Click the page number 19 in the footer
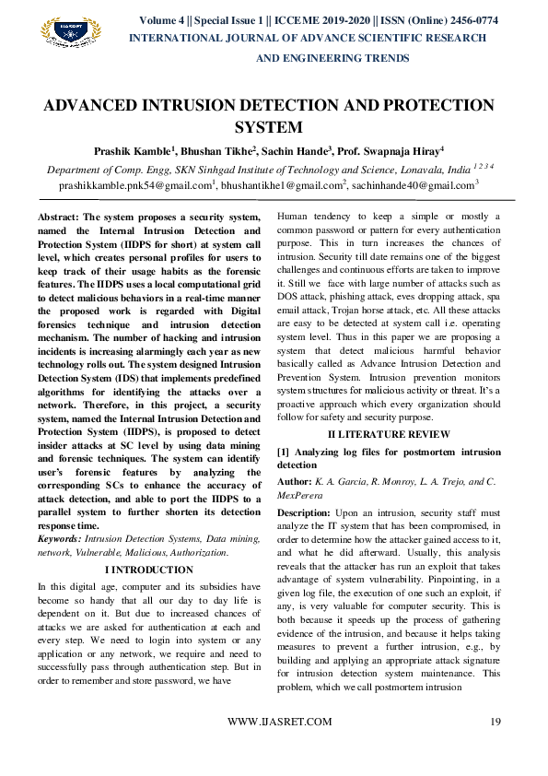point(495,722)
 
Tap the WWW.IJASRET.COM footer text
point(279,722)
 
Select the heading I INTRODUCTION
point(150,570)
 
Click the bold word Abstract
point(56,217)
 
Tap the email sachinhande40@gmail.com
point(415,185)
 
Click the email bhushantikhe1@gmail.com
point(280,185)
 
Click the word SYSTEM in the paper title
point(270,126)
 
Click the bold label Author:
point(295,482)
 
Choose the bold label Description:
point(304,511)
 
